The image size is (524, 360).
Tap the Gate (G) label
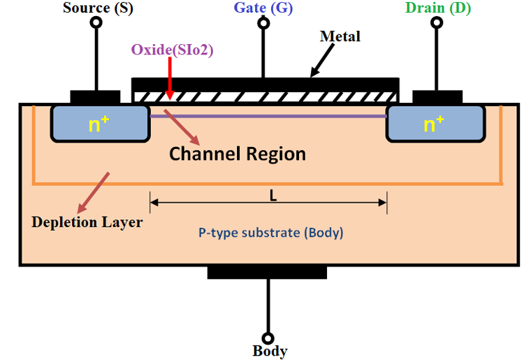pos(263,8)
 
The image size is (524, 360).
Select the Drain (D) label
pos(438,8)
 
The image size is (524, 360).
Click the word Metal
pos(340,36)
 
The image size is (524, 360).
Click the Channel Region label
pos(238,153)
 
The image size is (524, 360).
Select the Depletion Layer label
pos(87,222)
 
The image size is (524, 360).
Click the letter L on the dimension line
pos(272,196)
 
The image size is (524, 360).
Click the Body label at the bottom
pos(270,351)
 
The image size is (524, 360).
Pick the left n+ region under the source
pos(100,124)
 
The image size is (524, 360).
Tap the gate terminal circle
pos(263,22)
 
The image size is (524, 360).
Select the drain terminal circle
pos(437,22)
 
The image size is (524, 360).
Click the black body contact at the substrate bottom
pos(267,271)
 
